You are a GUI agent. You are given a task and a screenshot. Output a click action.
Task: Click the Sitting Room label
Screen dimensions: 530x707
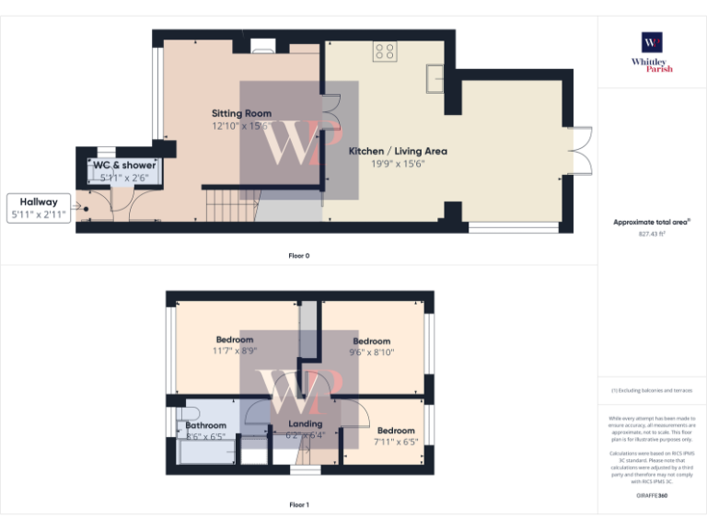[x=241, y=113]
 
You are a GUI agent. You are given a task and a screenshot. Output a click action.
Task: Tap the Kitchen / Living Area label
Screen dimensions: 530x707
[x=398, y=151]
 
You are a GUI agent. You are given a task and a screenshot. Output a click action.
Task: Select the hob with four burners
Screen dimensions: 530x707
[x=385, y=52]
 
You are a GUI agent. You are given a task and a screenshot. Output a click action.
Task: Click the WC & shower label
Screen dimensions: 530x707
[x=124, y=165]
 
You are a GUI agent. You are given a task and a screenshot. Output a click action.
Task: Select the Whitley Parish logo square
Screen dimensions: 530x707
[x=652, y=42]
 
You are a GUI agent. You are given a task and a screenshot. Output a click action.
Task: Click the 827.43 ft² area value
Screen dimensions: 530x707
[x=652, y=235]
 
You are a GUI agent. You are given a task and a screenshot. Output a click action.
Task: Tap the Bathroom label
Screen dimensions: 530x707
[x=205, y=425]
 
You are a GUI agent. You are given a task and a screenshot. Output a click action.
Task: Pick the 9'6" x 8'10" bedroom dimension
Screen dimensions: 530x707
[x=372, y=351]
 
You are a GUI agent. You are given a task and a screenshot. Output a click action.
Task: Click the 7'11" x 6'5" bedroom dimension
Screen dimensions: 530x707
[x=396, y=442]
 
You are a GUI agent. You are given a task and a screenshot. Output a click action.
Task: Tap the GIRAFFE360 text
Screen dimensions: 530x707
[x=652, y=497]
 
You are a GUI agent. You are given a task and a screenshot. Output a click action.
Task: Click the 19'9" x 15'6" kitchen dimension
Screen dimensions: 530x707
[x=398, y=164]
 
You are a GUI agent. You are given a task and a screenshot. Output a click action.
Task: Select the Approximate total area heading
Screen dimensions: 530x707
[x=652, y=222]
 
